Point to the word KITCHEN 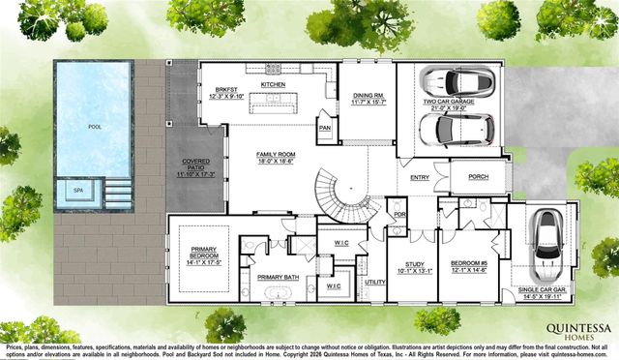click(x=275, y=85)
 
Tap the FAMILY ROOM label click(x=275, y=157)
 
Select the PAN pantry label click(x=325, y=127)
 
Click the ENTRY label click(x=419, y=178)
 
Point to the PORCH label click(x=478, y=177)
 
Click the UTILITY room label click(x=374, y=282)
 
